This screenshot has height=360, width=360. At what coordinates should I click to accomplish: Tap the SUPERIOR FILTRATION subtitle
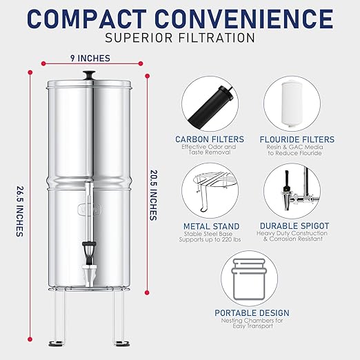180,38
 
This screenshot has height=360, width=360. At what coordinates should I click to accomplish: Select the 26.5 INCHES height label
18,207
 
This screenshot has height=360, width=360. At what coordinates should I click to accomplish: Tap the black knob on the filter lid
89,74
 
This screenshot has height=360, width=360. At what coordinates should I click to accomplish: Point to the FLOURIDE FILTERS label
299,139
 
